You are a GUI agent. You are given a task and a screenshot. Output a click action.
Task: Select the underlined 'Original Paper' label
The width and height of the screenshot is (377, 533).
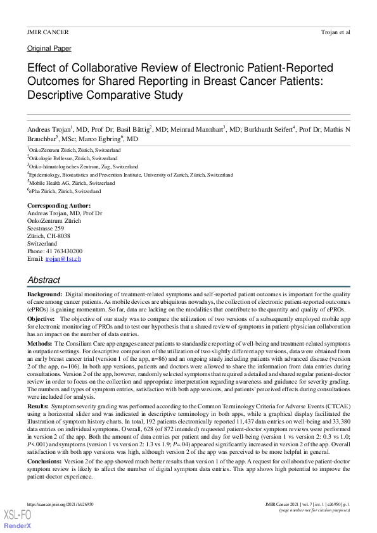click(x=49, y=48)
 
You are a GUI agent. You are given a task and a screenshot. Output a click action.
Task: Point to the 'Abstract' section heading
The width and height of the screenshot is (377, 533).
click(x=44, y=280)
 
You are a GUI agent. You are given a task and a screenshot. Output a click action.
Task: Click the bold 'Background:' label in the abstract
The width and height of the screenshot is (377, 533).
click(x=44, y=295)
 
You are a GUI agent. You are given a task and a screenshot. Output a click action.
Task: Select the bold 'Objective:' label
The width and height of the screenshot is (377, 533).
click(x=41, y=319)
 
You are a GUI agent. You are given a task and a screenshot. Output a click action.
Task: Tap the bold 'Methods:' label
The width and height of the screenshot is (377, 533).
click(x=40, y=342)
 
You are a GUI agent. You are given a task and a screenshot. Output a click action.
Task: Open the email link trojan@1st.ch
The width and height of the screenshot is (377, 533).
click(x=63, y=259)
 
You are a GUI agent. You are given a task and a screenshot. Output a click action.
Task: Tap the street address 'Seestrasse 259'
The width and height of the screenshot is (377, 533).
click(x=46, y=229)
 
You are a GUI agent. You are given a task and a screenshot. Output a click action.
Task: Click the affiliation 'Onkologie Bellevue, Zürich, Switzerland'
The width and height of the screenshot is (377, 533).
click(x=64, y=158)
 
